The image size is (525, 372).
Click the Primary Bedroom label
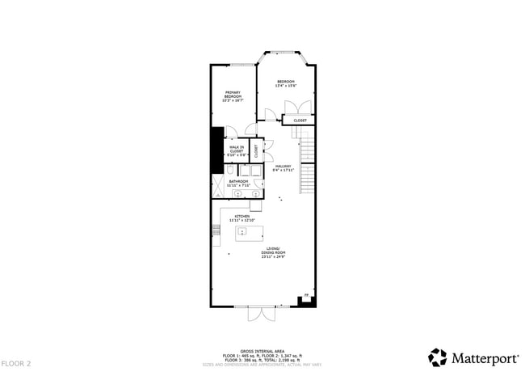click(x=233, y=95)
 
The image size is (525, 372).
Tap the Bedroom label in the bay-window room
click(x=287, y=83)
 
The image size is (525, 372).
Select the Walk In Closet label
click(x=237, y=150)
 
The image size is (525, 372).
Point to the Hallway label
click(x=283, y=168)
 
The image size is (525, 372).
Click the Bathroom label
click(x=238, y=183)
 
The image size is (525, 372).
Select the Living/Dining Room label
click(x=273, y=252)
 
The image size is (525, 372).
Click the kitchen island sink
click(x=241, y=232)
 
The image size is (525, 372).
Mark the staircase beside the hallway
click(x=307, y=165)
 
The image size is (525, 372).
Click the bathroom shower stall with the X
click(x=219, y=188)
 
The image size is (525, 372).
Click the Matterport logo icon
click(x=437, y=357)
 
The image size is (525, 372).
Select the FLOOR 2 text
click(x=16, y=364)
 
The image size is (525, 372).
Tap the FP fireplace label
click(x=305, y=295)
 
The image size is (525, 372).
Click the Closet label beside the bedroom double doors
click(x=300, y=120)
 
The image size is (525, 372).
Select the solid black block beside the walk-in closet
click(x=216, y=150)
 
